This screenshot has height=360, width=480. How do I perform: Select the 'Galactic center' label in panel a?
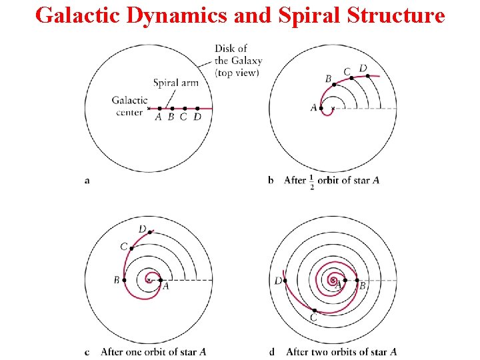point(129,106)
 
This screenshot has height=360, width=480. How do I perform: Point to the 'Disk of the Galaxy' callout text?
point(237,60)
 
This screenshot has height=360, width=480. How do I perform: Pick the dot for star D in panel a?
point(197,108)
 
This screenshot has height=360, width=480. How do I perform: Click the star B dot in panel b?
point(334,85)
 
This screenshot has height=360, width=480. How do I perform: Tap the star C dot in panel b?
point(351,77)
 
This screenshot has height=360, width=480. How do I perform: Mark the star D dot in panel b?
point(367,75)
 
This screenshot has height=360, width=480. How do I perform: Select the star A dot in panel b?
point(321,108)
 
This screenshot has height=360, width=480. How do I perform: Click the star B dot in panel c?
point(124,280)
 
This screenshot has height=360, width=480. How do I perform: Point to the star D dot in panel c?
point(149,232)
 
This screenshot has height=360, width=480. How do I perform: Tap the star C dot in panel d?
point(313,310)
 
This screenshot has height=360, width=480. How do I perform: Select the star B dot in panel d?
point(357,280)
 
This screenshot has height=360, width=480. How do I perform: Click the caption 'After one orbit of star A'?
point(153,351)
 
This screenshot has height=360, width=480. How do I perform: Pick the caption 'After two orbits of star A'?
point(341,351)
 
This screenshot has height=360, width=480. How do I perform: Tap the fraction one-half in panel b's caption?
point(312,181)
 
